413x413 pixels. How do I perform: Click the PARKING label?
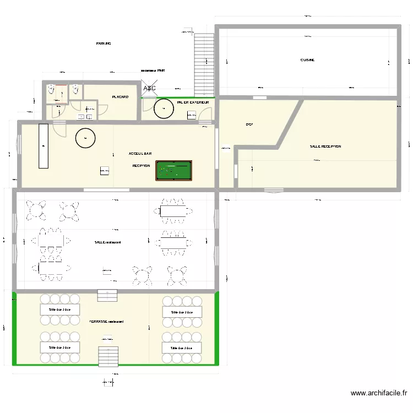pos(104,43)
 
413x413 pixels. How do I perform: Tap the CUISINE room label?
pos(307,60)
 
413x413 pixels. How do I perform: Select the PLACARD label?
pos(120,97)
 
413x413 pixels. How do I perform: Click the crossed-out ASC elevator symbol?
pos(149,88)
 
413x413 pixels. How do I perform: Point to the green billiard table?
pos(173,170)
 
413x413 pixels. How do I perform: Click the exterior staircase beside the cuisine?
pos(204,63)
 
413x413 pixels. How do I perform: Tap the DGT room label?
pos(249,124)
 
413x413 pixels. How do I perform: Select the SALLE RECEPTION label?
pos(325,146)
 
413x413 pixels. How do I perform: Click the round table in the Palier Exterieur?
pos(164,108)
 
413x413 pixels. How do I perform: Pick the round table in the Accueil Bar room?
pos(85,138)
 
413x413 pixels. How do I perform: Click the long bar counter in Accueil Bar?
pos(43,146)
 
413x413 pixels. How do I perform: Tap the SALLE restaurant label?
pos(107,242)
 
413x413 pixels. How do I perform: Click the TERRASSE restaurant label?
pos(106,322)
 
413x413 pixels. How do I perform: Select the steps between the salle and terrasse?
pos(107,295)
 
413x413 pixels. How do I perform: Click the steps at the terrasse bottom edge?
pos(108,356)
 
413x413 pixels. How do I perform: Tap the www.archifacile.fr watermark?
pos(379,393)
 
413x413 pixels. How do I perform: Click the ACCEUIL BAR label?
pos(140,154)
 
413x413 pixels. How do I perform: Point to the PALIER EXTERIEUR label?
pos(193,102)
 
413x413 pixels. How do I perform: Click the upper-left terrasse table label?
pos(59,309)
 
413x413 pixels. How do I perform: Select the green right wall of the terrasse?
pos(217,328)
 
